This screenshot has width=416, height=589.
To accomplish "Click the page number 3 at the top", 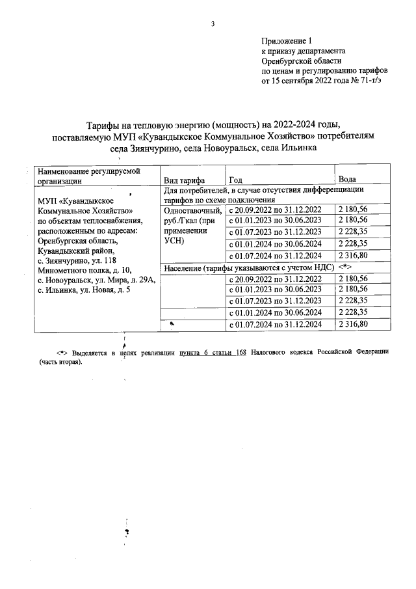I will click(213, 25).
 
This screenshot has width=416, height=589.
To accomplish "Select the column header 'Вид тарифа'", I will click(185, 180).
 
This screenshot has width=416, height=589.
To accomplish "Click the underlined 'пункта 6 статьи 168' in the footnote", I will click(211, 352).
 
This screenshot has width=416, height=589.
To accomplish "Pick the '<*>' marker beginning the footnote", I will click(62, 352).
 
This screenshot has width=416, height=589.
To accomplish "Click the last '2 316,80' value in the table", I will click(354, 324).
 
